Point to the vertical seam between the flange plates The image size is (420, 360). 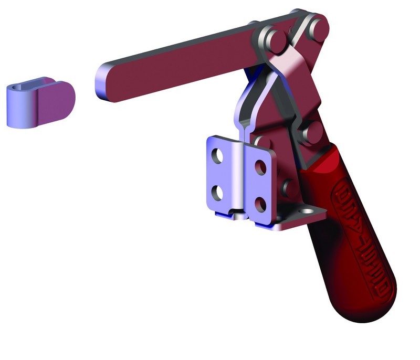tap(243, 173)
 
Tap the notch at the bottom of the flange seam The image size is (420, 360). tap(239, 215)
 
